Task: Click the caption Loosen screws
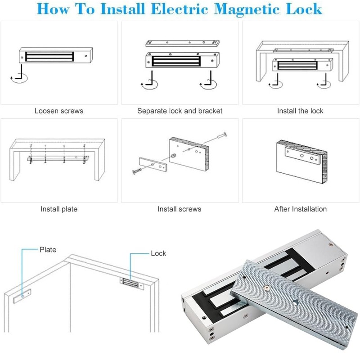tap(58, 111)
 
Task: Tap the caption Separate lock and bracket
tap(180, 111)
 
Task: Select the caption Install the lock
tap(300, 111)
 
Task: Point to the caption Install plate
tap(59, 209)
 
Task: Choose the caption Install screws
tap(179, 209)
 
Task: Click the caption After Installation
tap(300, 209)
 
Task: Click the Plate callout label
tap(48, 249)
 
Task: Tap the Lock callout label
tap(158, 253)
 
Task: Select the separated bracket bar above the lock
tap(182, 44)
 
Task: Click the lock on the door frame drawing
tap(131, 283)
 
